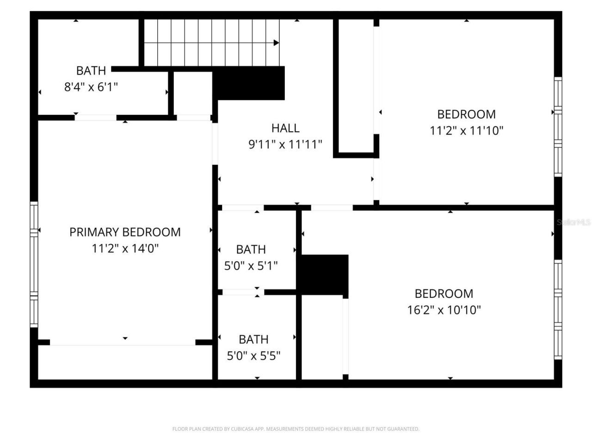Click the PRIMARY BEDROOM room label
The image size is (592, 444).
coord(125,232)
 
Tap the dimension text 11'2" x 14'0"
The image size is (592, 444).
coord(125,248)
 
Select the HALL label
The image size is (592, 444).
coord(285,128)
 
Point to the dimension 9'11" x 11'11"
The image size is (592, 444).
coord(285,144)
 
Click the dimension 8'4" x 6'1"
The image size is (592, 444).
coord(91,86)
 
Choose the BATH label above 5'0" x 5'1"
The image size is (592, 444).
coord(251,249)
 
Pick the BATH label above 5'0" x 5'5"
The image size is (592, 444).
coord(253,339)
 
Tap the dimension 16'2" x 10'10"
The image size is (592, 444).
coord(444,309)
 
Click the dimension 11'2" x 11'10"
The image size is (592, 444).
coord(466,130)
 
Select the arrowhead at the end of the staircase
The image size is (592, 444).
coord(276,43)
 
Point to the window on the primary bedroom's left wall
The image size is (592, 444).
coord(34,264)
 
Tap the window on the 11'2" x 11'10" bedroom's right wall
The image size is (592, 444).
coord(558,127)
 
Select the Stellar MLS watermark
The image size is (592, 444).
coord(573,222)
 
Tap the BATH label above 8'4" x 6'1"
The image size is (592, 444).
coord(91,70)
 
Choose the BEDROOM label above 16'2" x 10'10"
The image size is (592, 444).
coord(444,293)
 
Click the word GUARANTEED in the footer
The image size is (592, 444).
coord(404,429)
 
